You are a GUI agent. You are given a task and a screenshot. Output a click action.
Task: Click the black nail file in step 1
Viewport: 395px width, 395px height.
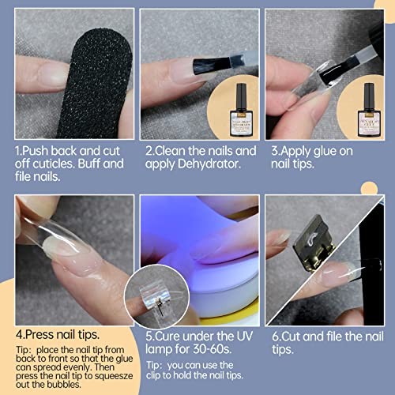tap(93, 85)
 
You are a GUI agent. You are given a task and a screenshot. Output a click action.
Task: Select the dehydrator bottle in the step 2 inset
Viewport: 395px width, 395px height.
tap(241, 110)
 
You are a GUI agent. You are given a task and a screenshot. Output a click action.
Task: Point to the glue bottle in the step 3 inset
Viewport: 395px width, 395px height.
tap(369, 110)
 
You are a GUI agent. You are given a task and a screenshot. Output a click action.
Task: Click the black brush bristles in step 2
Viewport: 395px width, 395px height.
tap(211, 66)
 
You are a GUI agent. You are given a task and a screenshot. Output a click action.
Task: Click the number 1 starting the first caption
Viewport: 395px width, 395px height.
tap(18, 151)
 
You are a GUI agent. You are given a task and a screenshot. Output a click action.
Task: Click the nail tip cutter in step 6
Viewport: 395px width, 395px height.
tap(314, 243)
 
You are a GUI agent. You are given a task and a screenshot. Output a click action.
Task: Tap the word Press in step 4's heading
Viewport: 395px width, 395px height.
tap(40, 335)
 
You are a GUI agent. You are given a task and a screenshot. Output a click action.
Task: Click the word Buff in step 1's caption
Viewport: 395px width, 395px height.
tap(89, 164)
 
